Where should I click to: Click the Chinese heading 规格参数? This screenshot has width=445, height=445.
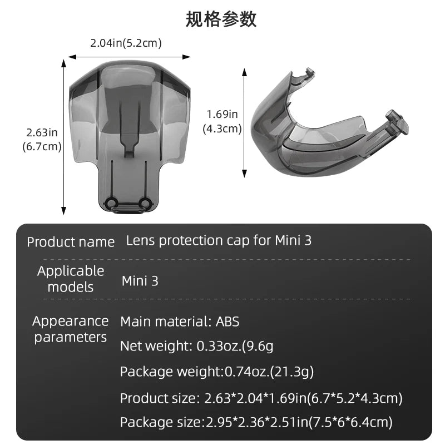coord(221,19)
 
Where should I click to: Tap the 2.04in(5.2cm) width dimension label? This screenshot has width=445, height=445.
coord(126,43)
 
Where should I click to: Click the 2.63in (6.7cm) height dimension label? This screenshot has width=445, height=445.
coord(42,140)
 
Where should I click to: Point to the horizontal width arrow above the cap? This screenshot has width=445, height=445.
coord(129,57)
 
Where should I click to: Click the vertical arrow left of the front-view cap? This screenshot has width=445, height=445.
coord(64,137)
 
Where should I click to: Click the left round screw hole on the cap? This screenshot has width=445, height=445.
coord(110,202)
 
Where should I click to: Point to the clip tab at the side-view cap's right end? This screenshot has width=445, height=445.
coord(397,121)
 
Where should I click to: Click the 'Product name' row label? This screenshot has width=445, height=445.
coord(71,243)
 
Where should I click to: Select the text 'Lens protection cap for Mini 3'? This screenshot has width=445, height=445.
coord(219,241)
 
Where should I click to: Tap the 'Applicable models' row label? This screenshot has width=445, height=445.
coord(71,279)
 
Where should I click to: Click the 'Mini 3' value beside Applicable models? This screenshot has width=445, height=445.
coord(140,281)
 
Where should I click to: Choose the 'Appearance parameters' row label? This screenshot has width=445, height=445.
coord(71,329)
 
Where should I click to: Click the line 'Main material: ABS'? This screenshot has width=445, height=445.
coord(180,322)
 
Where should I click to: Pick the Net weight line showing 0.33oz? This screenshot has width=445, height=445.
coord(196,346)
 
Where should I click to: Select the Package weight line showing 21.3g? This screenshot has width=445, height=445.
coord(217,372)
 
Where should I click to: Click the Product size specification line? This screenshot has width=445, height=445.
coord(261,398)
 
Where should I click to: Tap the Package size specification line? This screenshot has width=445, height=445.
coord(256,423)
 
